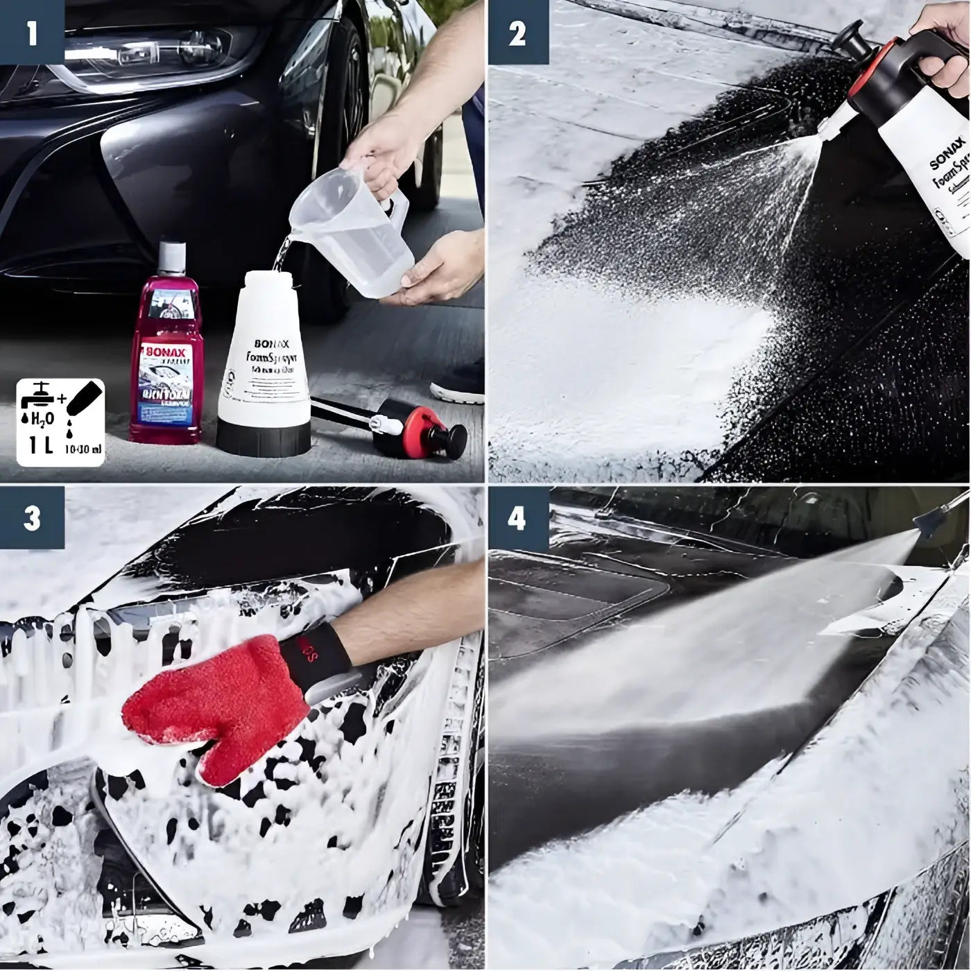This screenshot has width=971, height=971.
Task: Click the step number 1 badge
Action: (31, 33)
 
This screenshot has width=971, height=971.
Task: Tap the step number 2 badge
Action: (517, 33)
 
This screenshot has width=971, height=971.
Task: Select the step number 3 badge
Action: (31, 519)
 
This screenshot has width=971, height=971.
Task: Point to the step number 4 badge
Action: (517, 519)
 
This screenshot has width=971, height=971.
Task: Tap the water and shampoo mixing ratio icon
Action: (60, 422)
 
